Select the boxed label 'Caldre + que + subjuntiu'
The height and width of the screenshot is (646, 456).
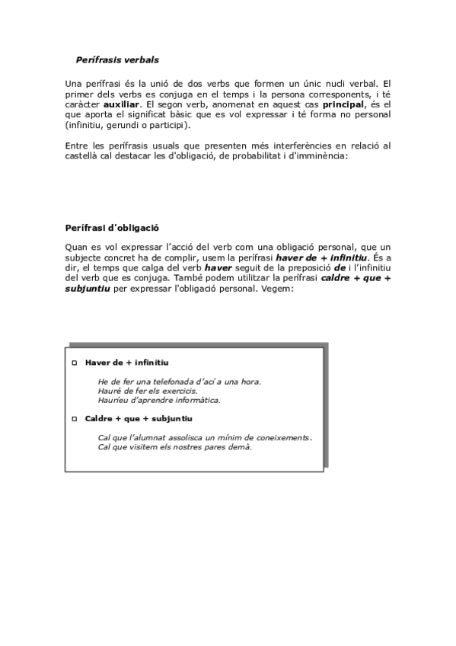pos(139,419)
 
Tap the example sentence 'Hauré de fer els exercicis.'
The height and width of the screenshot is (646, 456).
pos(142,390)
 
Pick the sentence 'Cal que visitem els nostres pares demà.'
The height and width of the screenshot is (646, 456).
pos(175,446)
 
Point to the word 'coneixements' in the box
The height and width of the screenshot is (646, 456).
pos(283,437)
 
